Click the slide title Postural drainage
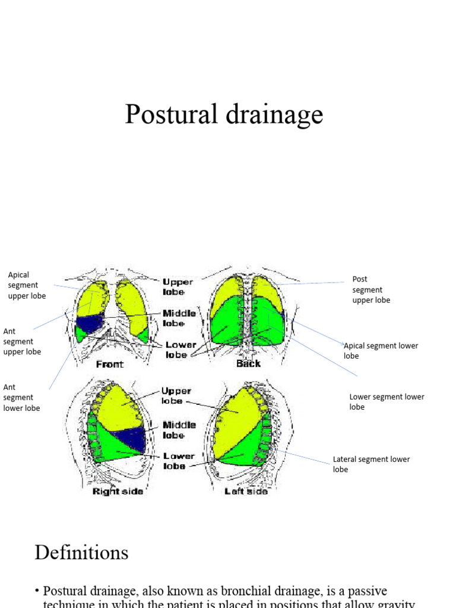[x=224, y=114]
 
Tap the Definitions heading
[x=81, y=553]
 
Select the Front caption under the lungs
[x=110, y=364]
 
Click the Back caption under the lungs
[x=248, y=363]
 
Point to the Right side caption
[x=118, y=492]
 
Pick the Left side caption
[x=246, y=492]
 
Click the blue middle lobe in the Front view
[x=91, y=324]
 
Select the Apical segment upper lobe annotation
[x=27, y=285]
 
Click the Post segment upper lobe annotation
[x=371, y=289]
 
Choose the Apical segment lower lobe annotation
[x=381, y=350]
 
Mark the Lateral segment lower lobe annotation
[x=371, y=464]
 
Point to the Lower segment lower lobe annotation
[x=387, y=402]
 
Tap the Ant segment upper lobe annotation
[x=22, y=341]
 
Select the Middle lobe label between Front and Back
[x=179, y=318]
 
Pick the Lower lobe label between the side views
[x=179, y=461]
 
